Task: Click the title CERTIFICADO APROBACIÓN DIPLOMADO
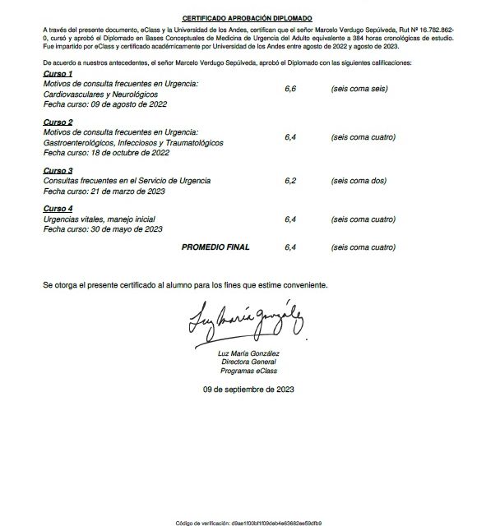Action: click(x=248, y=17)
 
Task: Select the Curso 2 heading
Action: click(x=58, y=121)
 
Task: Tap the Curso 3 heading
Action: click(x=58, y=169)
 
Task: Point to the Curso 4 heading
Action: click(x=58, y=209)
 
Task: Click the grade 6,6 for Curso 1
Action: click(x=290, y=86)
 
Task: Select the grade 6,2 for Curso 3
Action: click(x=290, y=180)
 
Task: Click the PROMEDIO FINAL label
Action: click(x=215, y=246)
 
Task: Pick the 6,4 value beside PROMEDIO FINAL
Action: click(x=290, y=246)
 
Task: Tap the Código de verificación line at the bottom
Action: click(x=248, y=521)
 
